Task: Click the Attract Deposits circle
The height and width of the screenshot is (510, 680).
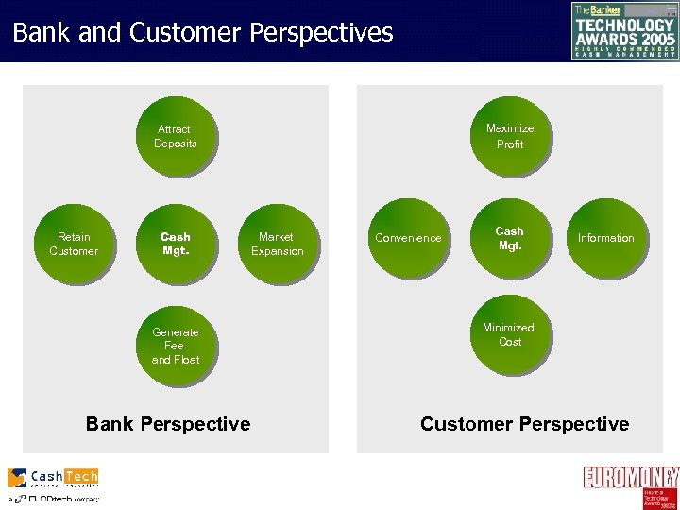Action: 176,136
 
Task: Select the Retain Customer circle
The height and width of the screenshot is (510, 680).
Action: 74,244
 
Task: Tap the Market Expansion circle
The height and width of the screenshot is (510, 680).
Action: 277,244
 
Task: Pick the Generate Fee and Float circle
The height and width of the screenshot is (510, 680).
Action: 176,345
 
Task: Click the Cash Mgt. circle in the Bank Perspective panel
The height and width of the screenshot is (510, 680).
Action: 176,244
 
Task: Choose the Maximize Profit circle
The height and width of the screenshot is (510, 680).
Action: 510,136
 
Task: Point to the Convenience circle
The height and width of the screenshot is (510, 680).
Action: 408,238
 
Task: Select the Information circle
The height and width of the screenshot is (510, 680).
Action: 606,238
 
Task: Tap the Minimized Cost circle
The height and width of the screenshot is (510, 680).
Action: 509,334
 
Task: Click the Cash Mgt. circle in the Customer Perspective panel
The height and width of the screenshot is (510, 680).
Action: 509,238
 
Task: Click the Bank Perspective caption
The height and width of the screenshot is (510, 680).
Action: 168,424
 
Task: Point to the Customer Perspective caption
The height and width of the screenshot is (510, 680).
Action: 524,424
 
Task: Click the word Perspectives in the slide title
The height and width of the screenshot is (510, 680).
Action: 321,34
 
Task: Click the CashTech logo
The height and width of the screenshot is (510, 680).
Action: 53,478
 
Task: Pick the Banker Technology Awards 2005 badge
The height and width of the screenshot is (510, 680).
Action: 624,31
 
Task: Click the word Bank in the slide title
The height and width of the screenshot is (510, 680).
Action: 40,34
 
